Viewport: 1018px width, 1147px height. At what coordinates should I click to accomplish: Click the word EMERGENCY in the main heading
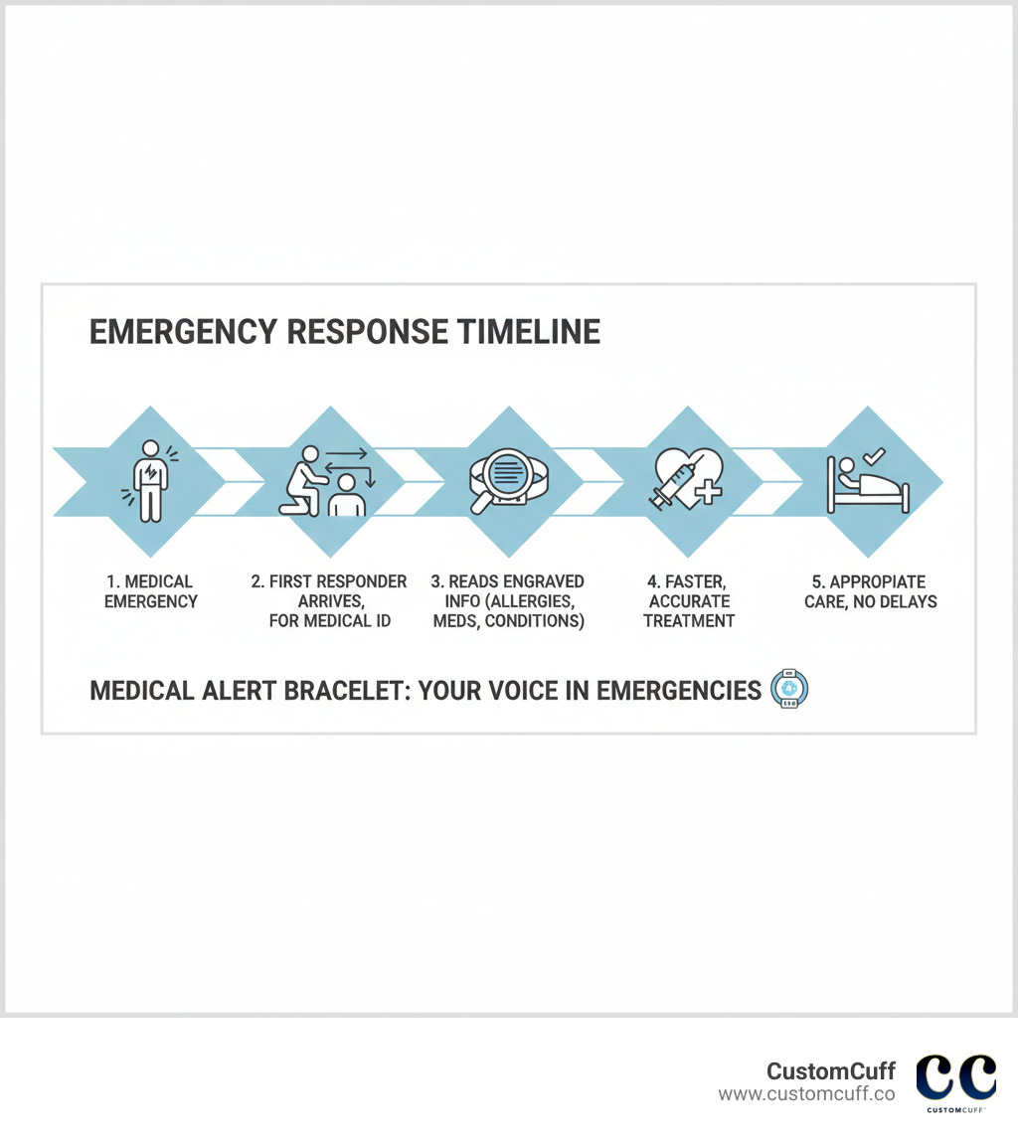pyautogui.click(x=162, y=331)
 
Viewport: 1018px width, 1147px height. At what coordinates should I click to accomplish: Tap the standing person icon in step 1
pyautogui.click(x=150, y=481)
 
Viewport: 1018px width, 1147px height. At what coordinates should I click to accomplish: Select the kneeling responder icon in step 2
pyautogui.click(x=301, y=481)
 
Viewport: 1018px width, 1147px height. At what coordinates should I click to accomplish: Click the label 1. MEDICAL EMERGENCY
pyautogui.click(x=150, y=591)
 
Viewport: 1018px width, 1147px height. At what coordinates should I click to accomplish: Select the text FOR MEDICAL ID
pyautogui.click(x=329, y=621)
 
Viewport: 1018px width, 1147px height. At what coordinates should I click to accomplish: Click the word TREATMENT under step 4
pyautogui.click(x=689, y=621)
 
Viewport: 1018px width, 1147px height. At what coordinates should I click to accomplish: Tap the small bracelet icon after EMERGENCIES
pyautogui.click(x=789, y=690)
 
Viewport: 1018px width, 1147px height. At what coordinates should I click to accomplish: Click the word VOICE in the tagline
pyautogui.click(x=519, y=690)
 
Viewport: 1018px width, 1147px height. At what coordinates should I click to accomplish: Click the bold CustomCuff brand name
pyautogui.click(x=830, y=1070)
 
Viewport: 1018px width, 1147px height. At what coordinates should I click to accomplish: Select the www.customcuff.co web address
pyautogui.click(x=806, y=1093)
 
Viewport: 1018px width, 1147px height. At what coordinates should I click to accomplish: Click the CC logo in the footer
pyautogui.click(x=955, y=1077)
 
